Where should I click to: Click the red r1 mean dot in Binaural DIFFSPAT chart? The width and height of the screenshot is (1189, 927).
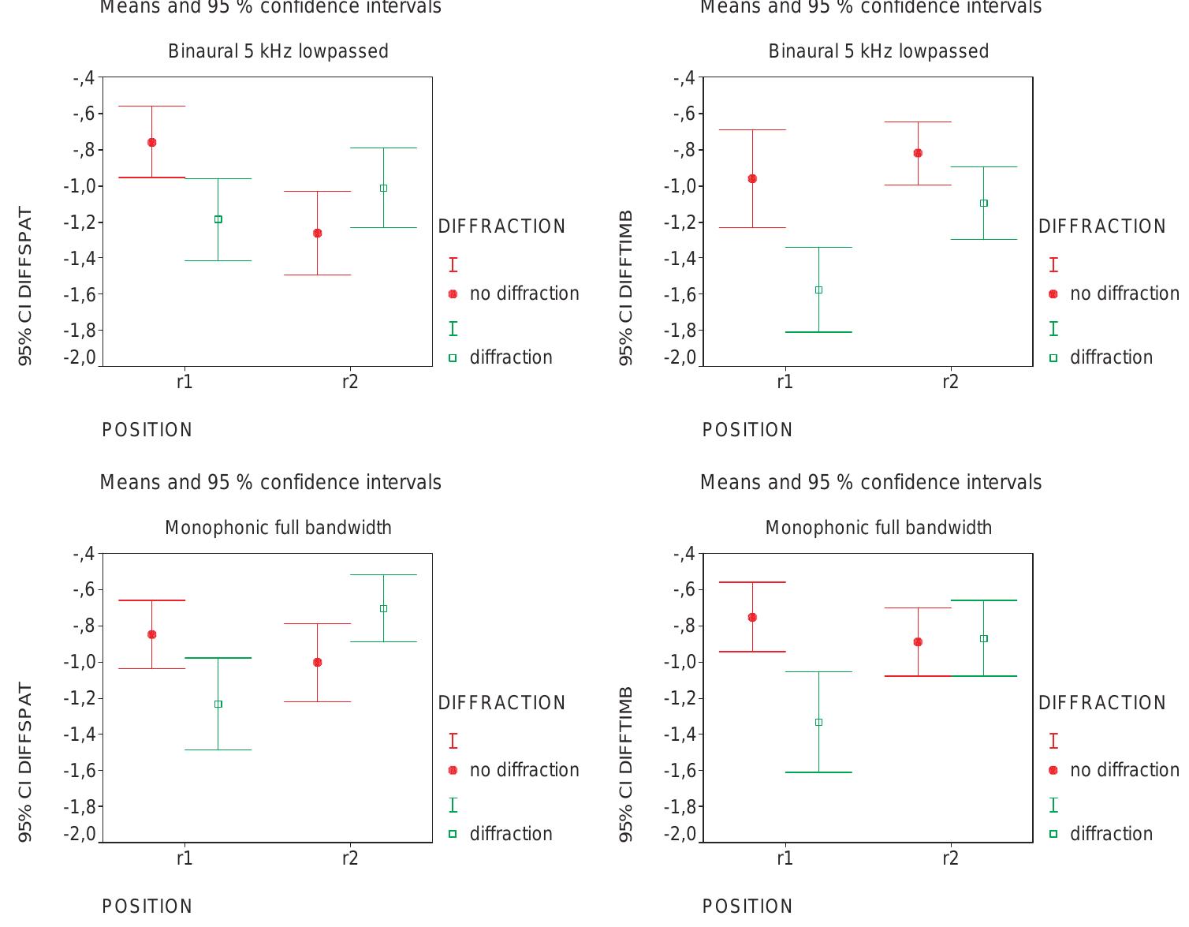click(151, 143)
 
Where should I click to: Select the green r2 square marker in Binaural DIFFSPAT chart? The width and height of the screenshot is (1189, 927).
click(383, 188)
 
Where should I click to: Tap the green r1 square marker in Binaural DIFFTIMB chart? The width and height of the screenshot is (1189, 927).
click(818, 290)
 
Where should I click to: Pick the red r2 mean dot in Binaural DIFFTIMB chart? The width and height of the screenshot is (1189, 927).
click(918, 153)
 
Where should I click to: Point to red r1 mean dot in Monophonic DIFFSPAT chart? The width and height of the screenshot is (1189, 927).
click(151, 634)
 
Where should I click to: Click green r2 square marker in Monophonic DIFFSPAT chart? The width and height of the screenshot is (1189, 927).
click(383, 608)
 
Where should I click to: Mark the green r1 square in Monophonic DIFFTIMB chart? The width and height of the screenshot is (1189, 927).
click(818, 722)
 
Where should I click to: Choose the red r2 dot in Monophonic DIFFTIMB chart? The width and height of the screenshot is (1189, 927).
click(918, 642)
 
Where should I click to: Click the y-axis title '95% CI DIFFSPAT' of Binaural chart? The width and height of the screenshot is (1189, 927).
click(26, 286)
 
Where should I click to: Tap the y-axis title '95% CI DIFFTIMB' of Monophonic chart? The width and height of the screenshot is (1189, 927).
click(626, 763)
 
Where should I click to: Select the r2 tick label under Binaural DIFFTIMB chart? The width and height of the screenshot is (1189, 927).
click(950, 383)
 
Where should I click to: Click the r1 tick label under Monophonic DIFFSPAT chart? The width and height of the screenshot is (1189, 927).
click(184, 858)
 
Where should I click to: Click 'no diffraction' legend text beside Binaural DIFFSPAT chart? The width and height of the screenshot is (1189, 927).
click(524, 293)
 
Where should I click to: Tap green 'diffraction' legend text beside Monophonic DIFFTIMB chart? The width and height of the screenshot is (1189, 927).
click(1111, 834)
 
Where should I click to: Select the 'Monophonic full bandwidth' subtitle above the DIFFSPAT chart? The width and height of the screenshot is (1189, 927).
click(278, 528)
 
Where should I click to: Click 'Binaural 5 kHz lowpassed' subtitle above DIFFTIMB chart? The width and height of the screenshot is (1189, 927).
click(878, 51)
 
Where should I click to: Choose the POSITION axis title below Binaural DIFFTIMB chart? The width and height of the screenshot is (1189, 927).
click(747, 430)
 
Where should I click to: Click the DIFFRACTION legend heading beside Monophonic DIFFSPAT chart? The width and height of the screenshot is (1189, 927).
click(501, 703)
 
